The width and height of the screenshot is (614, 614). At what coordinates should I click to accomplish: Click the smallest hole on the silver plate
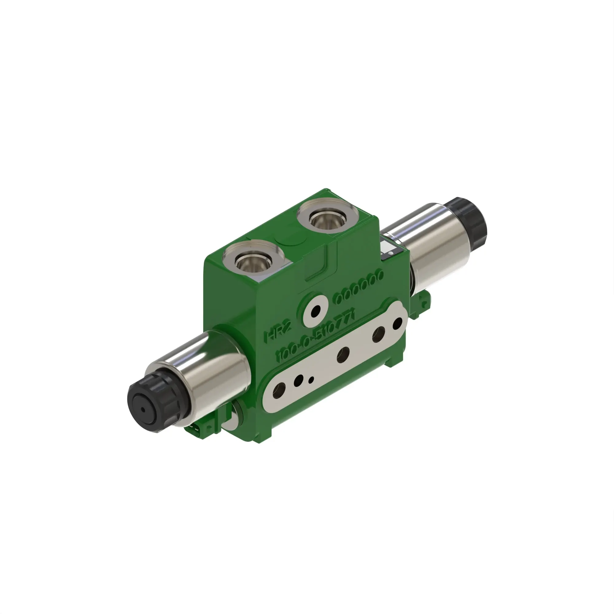click(x=311, y=379)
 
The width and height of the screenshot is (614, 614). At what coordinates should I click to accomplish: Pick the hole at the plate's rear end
click(x=397, y=324)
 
